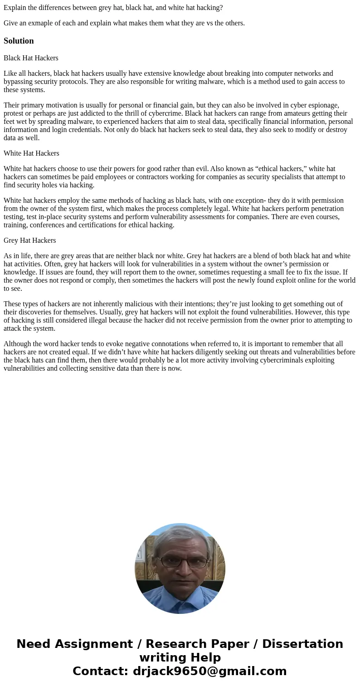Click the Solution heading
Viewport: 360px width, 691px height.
[x=19, y=41]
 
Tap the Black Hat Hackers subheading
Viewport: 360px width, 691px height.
[x=31, y=58]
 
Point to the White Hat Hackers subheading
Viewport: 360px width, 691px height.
[x=31, y=153]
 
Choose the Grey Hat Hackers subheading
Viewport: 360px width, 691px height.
[x=30, y=240]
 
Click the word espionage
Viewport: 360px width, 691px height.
[x=324, y=105]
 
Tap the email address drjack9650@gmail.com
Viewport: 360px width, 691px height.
[x=209, y=671]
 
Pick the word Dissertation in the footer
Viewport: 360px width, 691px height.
[x=302, y=644]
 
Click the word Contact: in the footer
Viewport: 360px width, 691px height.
[x=100, y=671]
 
